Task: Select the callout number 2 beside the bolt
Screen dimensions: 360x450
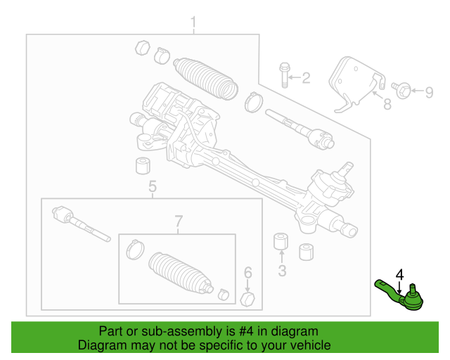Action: (305, 79)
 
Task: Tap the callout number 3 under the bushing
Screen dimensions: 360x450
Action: (282, 270)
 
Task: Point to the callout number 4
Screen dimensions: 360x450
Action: (399, 274)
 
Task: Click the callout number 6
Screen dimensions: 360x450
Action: (247, 273)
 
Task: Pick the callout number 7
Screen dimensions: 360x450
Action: (178, 221)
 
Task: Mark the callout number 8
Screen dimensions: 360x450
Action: (386, 105)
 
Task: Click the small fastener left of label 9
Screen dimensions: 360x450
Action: (403, 89)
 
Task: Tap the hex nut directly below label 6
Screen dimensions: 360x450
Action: (247, 299)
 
